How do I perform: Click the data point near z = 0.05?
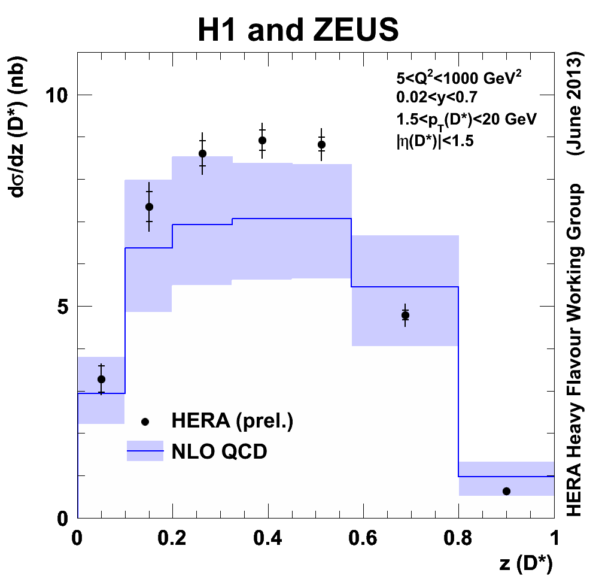(101, 379)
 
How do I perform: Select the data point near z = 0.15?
(149, 207)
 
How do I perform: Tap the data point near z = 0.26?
(202, 153)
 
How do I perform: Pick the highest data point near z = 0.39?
(262, 140)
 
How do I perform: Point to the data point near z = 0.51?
(321, 144)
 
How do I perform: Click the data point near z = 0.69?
(405, 315)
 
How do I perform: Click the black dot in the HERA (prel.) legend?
(145, 422)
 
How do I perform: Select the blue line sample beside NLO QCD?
(145, 451)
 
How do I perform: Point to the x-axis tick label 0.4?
(267, 535)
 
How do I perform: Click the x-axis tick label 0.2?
(172, 535)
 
